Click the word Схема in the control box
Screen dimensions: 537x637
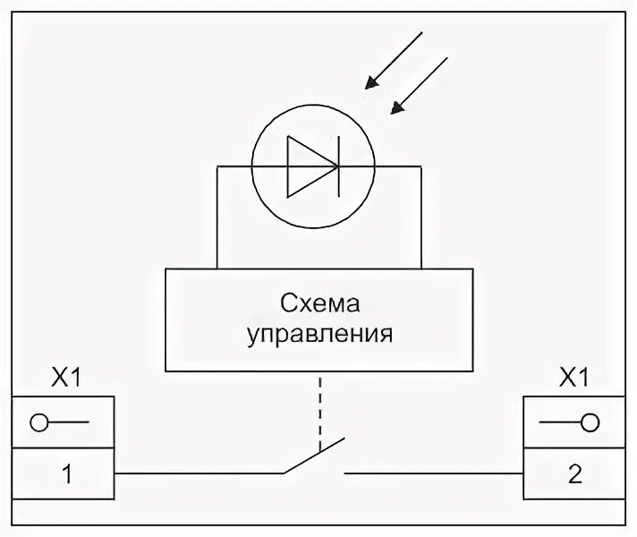[x=319, y=303]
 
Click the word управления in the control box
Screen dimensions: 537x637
[x=319, y=334]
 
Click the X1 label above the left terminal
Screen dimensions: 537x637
[x=64, y=379]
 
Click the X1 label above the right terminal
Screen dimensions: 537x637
[x=573, y=379]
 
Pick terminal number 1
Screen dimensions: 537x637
[x=64, y=473]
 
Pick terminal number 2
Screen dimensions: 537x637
[x=573, y=473]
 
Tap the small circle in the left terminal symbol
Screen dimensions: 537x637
[x=39, y=422]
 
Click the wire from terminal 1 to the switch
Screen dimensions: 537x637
[x=197, y=472]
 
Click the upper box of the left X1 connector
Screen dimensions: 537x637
[x=64, y=422]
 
